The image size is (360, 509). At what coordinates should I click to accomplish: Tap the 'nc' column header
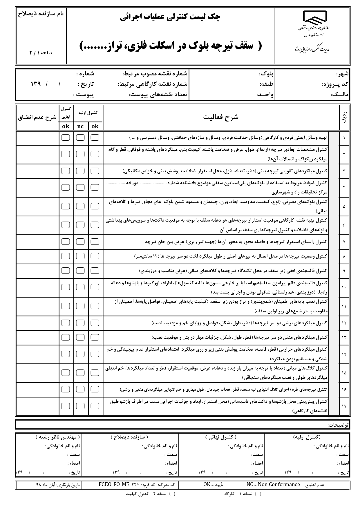pos(80,126)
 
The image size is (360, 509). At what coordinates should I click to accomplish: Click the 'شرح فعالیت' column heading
pos(221,117)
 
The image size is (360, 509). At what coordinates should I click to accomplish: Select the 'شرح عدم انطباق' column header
pos(37,117)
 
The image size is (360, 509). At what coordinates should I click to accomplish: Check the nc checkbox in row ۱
pos(80,137)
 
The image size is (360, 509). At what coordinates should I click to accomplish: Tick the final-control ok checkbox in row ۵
pos(66,206)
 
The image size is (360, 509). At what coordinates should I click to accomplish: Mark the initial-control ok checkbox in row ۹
pos(95,270)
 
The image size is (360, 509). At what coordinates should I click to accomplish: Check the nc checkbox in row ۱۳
pos(80,337)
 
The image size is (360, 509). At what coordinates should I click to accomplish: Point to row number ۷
pos(344,242)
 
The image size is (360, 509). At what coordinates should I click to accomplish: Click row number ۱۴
pos(344,354)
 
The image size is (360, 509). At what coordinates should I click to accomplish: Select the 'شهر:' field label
pos(343,74)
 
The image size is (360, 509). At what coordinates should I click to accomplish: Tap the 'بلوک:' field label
pos(266,74)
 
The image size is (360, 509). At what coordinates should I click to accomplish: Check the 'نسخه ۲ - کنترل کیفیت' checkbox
pos(172,494)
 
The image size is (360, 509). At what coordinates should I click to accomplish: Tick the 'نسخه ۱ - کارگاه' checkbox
pos(257,494)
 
